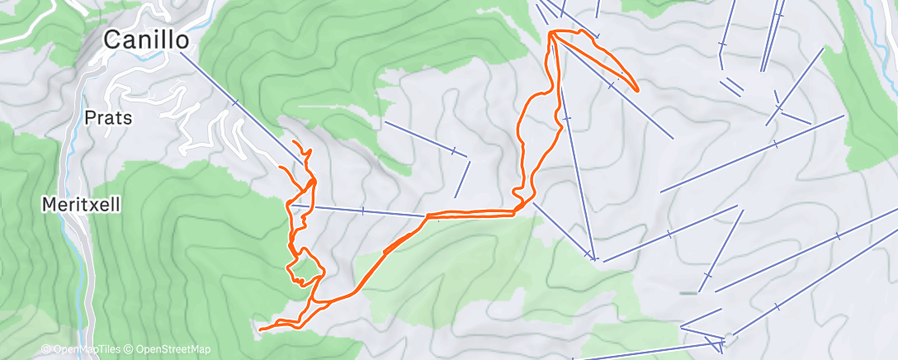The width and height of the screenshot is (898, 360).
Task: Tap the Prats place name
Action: pyautogui.click(x=108, y=118)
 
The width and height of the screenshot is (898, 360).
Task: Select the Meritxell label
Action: pyautogui.click(x=82, y=203)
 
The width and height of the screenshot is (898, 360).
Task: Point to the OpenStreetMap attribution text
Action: pyautogui.click(x=172, y=350)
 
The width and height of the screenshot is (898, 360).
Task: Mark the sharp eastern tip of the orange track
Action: pyautogui.click(x=636, y=89)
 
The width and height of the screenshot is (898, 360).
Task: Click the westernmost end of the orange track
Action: pyautogui.click(x=259, y=330)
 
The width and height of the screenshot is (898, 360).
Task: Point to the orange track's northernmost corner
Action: pyautogui.click(x=551, y=32)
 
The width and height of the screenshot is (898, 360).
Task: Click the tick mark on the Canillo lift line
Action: pyautogui.click(x=236, y=103)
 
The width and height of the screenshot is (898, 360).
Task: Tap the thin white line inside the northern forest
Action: pyautogui.click(x=330, y=107)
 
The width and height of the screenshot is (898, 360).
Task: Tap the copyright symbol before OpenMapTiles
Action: pyautogui.click(x=46, y=350)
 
